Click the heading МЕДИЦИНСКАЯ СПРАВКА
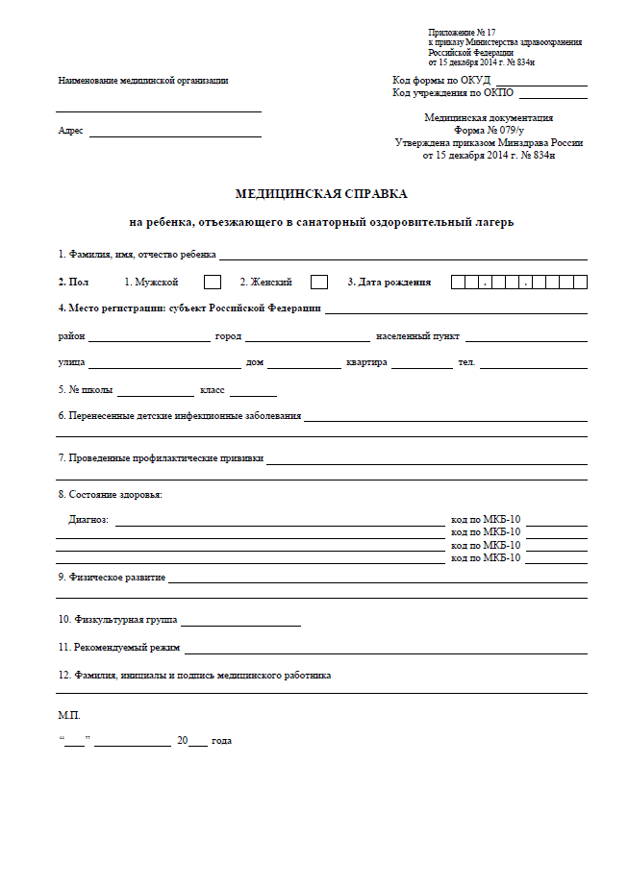coord(321,193)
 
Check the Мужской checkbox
coord(213,283)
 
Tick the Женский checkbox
coord(319,283)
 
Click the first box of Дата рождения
coord(460,283)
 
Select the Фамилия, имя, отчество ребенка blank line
coord(403,257)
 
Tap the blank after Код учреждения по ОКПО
coord(553,95)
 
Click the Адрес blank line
coord(175,133)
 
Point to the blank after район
coord(149,338)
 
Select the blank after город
coord(307,338)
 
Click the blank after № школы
coord(155,393)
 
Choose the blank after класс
coord(253,393)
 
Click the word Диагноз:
coord(89,520)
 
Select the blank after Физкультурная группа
coord(240,623)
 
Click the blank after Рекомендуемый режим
coord(385,651)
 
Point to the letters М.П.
coord(70,716)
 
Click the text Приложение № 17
coord(463,33)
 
